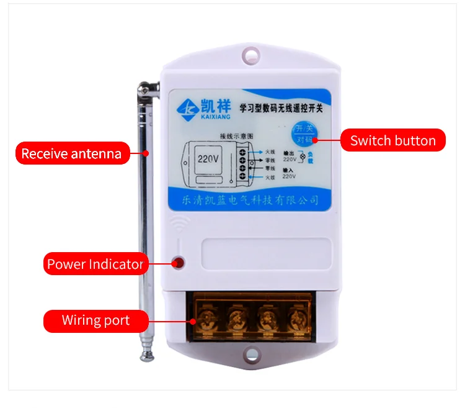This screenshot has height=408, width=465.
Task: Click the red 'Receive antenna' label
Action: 72,153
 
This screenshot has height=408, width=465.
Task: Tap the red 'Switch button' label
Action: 392,140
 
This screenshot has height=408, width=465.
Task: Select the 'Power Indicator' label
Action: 95,264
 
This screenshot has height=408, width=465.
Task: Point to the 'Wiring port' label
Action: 95,320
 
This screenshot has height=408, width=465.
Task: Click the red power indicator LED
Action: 179,263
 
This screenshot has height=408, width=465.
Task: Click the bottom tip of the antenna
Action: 148,355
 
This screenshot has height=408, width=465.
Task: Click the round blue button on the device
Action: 302,133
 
